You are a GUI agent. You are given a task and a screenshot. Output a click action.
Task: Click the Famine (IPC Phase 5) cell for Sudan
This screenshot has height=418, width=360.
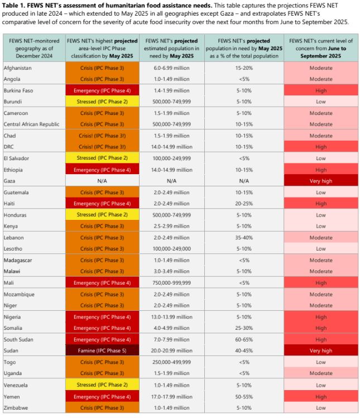[x=101, y=351]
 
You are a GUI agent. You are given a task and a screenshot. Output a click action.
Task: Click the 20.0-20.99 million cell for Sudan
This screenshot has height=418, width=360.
[x=172, y=351]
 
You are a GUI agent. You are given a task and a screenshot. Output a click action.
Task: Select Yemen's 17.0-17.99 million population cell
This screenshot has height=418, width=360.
[x=172, y=397]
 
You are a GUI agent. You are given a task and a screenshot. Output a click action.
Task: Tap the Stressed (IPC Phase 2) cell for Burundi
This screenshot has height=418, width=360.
[x=101, y=102]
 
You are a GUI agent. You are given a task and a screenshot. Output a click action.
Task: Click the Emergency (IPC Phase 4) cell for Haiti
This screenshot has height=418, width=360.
[x=101, y=204]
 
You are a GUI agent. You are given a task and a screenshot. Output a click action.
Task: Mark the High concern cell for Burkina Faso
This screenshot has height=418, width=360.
[x=320, y=90]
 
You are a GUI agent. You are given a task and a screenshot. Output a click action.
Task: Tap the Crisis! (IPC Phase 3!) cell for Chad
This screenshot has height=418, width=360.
[x=101, y=136]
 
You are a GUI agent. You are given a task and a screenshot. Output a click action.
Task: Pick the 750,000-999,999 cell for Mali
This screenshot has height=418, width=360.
[x=172, y=283]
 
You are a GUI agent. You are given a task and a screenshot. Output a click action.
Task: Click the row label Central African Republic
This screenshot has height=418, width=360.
[x=32, y=124]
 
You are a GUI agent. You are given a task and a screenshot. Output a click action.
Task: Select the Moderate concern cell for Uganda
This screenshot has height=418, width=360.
[x=320, y=374]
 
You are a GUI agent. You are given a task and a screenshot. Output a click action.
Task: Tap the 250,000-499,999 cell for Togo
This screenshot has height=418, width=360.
[x=172, y=362]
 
